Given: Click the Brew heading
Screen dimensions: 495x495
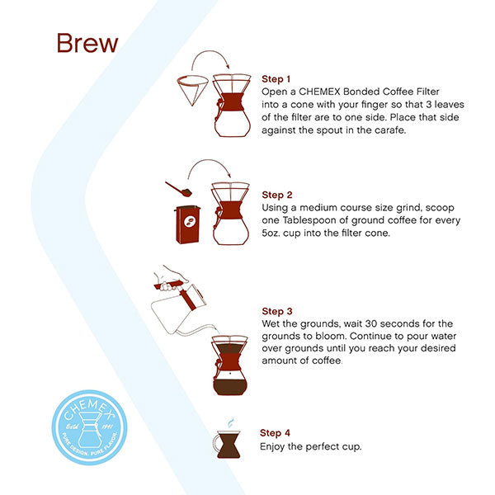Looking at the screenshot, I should coord(87,43).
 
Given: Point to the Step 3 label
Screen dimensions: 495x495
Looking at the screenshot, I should coord(278,311).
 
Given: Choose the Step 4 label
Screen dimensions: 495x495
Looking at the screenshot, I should coord(276,432).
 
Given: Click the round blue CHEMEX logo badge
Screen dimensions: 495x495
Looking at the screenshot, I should coord(88,430).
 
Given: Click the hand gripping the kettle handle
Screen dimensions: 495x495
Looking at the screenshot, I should coord(169,280).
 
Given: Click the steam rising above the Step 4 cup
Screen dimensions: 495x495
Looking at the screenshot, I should coord(230,421).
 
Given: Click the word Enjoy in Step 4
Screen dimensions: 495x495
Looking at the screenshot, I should coord(274,446).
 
